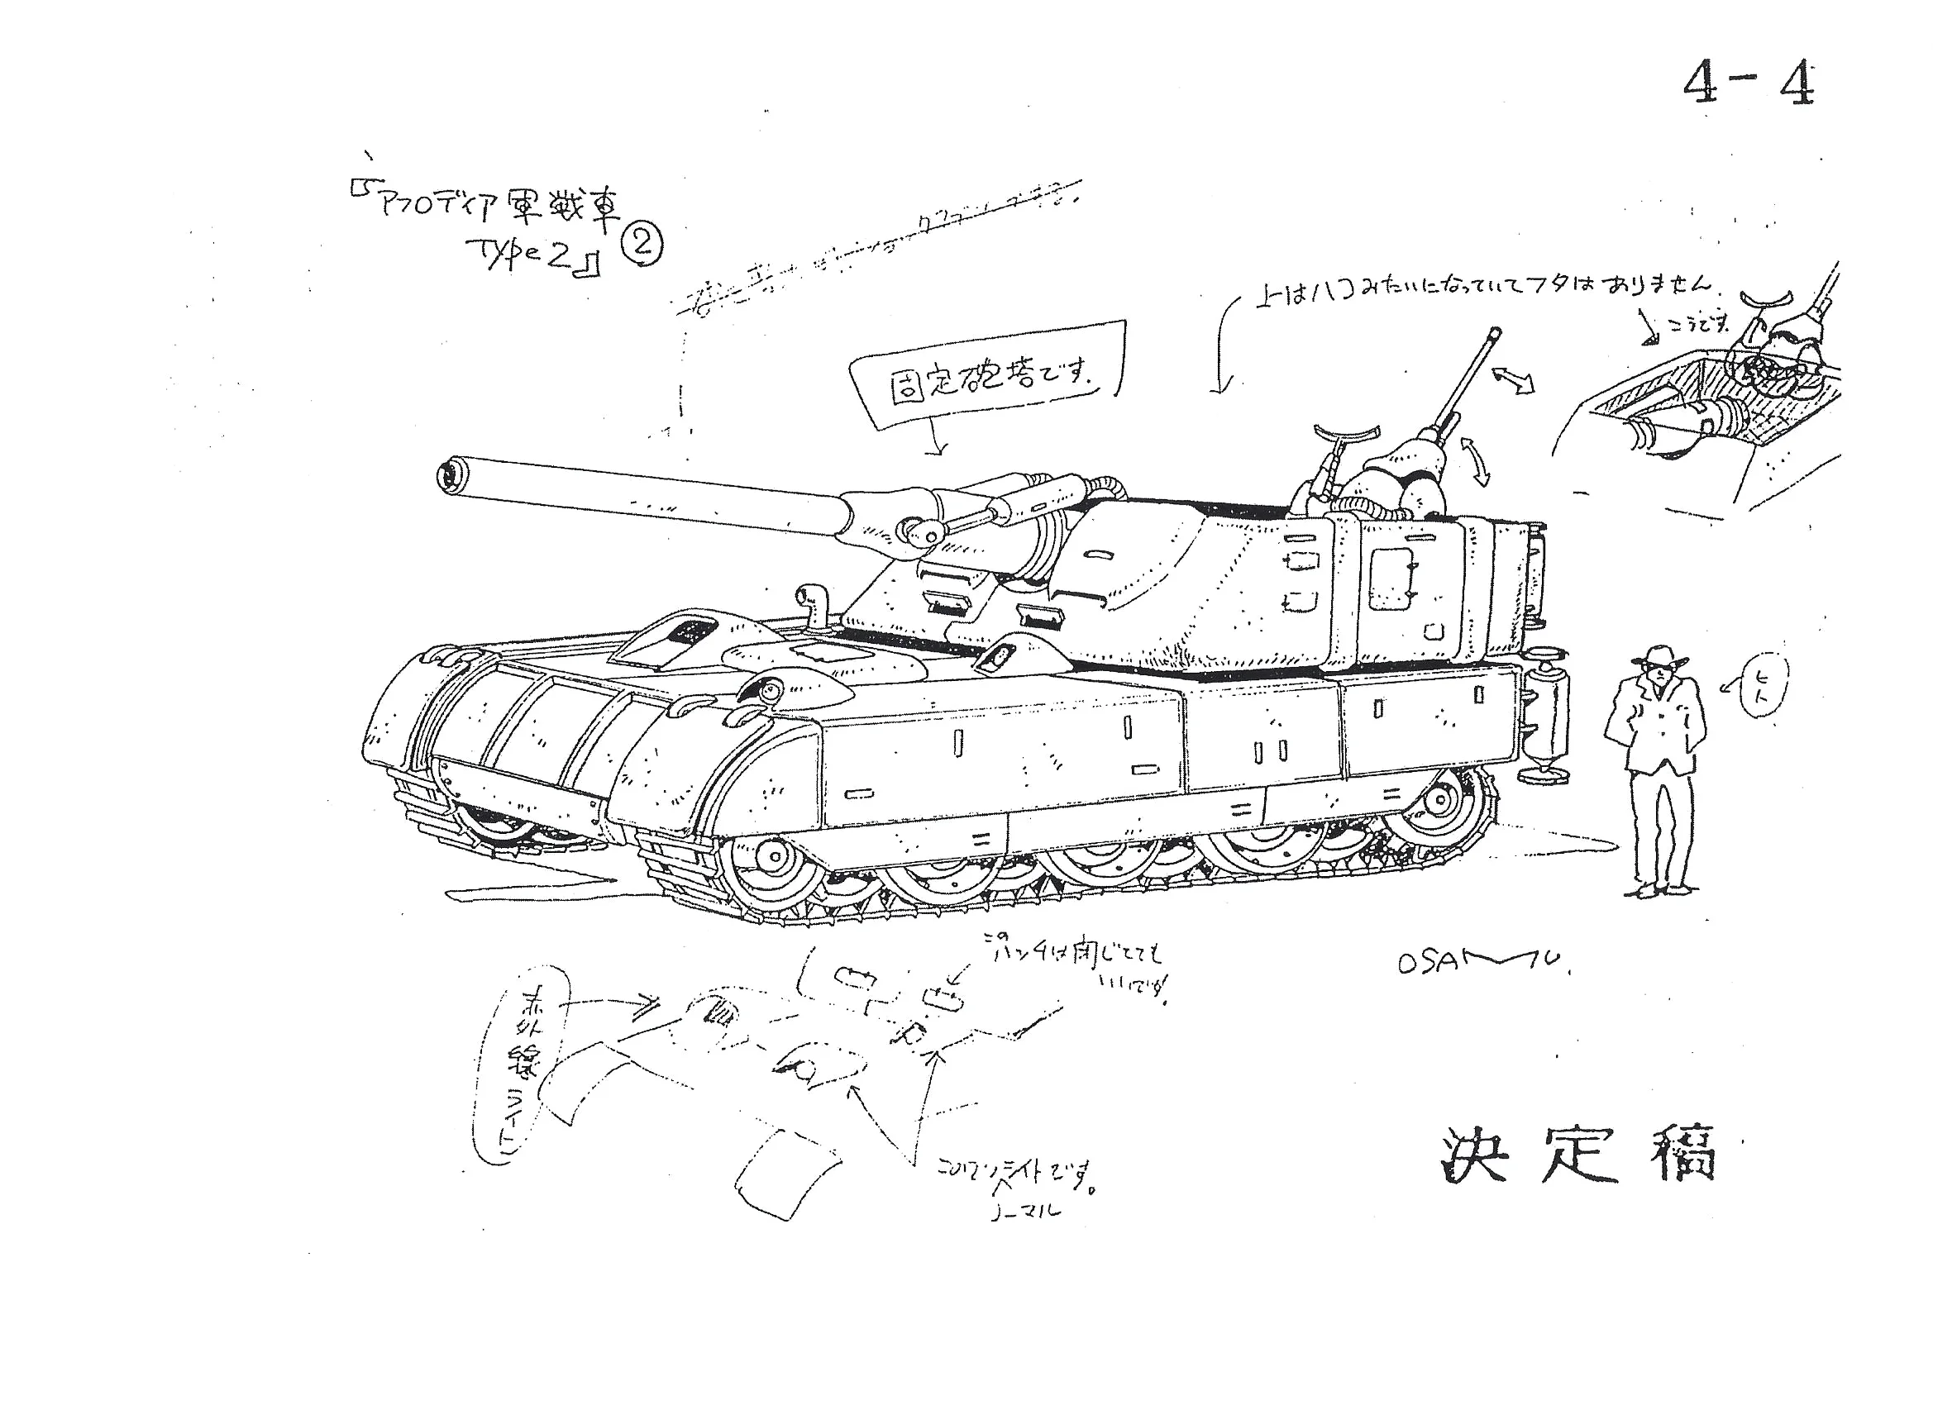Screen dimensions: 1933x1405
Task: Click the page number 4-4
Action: pos(1747,85)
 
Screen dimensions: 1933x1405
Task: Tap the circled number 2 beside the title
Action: pos(642,245)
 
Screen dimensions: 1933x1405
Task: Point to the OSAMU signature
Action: pos(1483,963)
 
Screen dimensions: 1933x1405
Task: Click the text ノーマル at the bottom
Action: pos(1027,1211)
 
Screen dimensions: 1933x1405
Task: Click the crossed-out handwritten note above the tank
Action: pos(878,247)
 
